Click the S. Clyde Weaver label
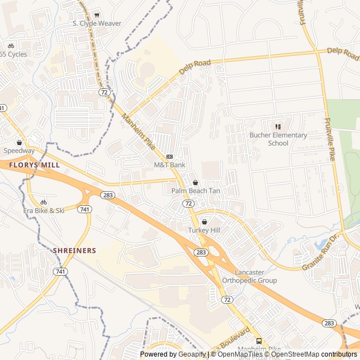coord(97,24)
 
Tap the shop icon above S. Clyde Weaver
coord(97,15)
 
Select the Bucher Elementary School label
coord(278,139)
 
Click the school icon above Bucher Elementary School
coord(278,127)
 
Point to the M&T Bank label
coord(169,165)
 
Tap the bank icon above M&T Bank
coord(169,156)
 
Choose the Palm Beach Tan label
coord(195,191)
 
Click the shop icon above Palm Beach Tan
coord(195,182)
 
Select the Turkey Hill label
coord(204,231)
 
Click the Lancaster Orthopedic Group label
coord(249,276)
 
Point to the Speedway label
coord(19,151)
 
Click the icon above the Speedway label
coord(19,142)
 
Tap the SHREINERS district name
coord(74,250)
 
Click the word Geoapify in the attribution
coord(192,354)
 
